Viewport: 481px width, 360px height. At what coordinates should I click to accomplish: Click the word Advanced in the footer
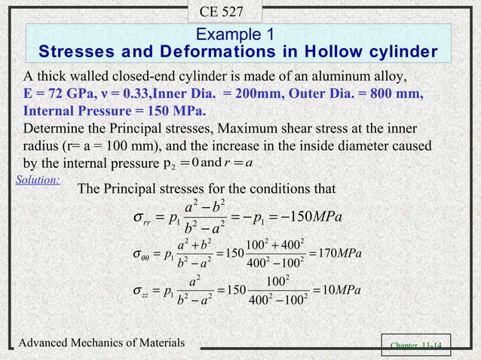point(47,343)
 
